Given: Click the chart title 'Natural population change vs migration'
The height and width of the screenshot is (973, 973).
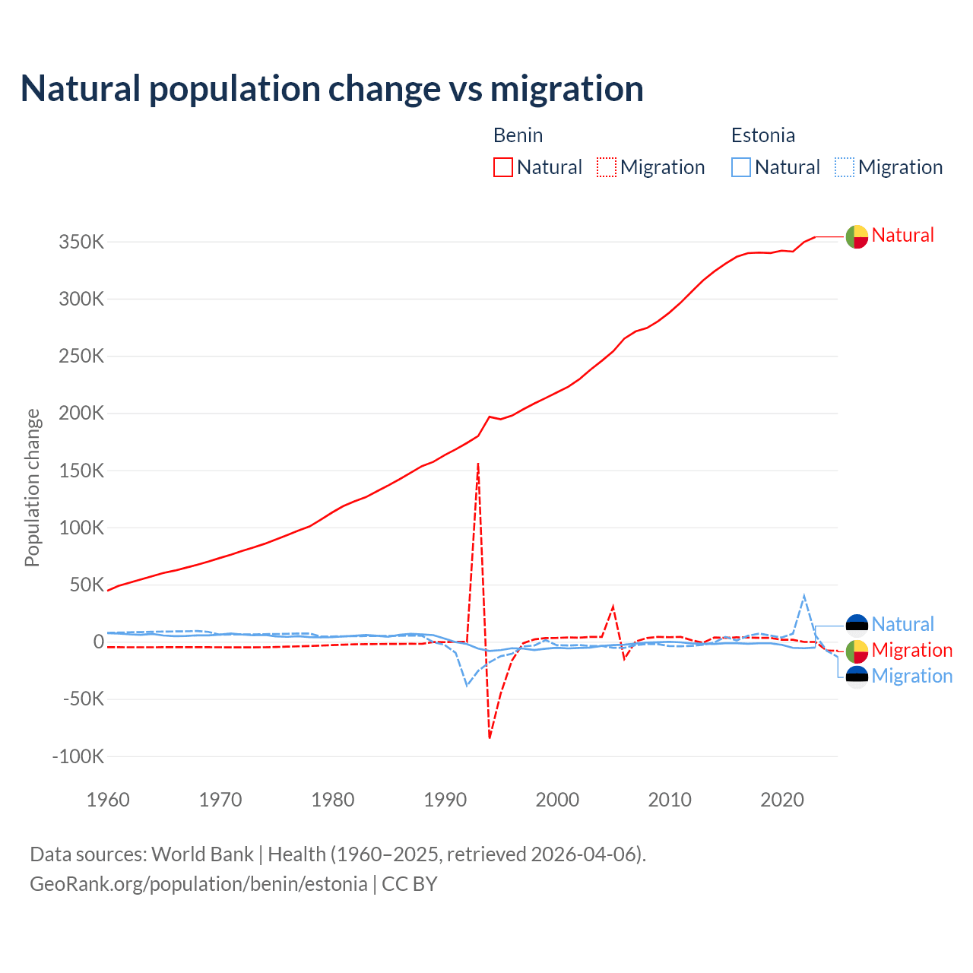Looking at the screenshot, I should [332, 89].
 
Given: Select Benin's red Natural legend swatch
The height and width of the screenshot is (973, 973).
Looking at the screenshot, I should [503, 167].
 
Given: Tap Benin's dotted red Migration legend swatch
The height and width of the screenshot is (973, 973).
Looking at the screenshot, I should [607, 167].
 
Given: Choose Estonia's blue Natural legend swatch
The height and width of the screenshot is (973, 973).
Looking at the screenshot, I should [741, 167].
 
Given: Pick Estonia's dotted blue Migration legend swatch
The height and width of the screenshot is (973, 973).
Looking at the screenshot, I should [845, 167].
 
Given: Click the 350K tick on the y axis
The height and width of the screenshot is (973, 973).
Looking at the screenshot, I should [81, 242].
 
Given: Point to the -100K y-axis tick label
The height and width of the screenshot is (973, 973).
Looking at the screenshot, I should [78, 756].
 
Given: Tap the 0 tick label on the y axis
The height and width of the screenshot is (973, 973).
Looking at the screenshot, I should [98, 642].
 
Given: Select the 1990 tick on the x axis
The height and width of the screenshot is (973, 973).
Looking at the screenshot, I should [445, 800].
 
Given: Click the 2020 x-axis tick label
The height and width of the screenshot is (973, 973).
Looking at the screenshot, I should [782, 800].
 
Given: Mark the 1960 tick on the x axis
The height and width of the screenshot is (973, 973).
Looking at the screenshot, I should [108, 800].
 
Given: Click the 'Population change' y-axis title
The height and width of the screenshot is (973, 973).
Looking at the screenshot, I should [32, 488].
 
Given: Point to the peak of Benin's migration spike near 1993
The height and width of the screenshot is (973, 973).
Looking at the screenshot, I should [478, 463].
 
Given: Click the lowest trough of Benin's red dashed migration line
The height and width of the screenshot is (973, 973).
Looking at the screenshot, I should [490, 737].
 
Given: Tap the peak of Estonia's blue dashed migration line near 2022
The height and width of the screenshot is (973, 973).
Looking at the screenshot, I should [804, 596].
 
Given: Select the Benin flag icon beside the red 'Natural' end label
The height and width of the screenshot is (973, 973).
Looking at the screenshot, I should [857, 237].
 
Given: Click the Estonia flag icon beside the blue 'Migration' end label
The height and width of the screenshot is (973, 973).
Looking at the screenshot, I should [857, 677].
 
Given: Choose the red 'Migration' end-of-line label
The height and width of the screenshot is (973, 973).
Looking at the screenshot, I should [911, 650].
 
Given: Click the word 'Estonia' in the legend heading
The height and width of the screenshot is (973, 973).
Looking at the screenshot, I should [762, 135].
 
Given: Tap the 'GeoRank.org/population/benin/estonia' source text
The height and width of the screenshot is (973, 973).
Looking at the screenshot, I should [198, 884].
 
